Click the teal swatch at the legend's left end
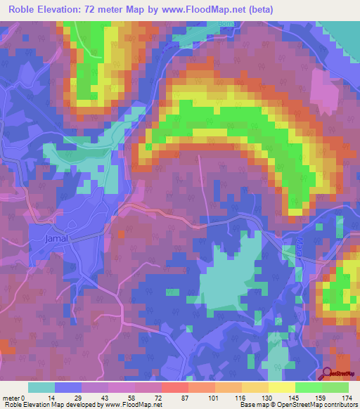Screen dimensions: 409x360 coord(41,387)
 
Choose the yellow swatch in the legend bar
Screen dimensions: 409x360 coord(282,387)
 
